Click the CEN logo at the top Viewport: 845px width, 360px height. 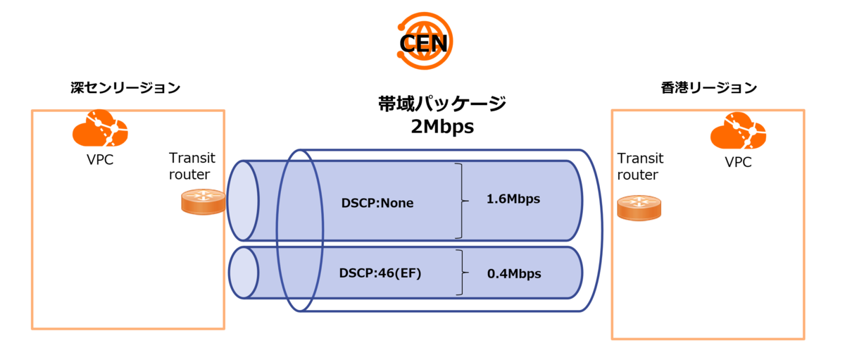(423, 42)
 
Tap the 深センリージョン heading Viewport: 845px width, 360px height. (126, 88)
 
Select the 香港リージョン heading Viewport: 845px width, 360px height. (708, 88)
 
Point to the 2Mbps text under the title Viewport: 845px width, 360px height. (442, 128)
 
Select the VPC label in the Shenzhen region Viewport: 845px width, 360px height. (99, 160)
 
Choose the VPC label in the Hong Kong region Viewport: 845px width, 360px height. (738, 163)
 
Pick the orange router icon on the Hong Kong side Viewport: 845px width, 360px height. (639, 207)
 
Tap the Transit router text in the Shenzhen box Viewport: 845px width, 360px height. (192, 166)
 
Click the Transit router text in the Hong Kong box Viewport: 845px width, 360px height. (640, 167)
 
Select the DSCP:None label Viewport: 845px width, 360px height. (377, 204)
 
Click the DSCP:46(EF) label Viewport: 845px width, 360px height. (380, 273)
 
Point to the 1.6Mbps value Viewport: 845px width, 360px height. (513, 199)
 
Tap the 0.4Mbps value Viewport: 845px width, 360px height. (514, 273)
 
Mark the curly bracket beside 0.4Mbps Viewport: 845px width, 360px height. (462, 272)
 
